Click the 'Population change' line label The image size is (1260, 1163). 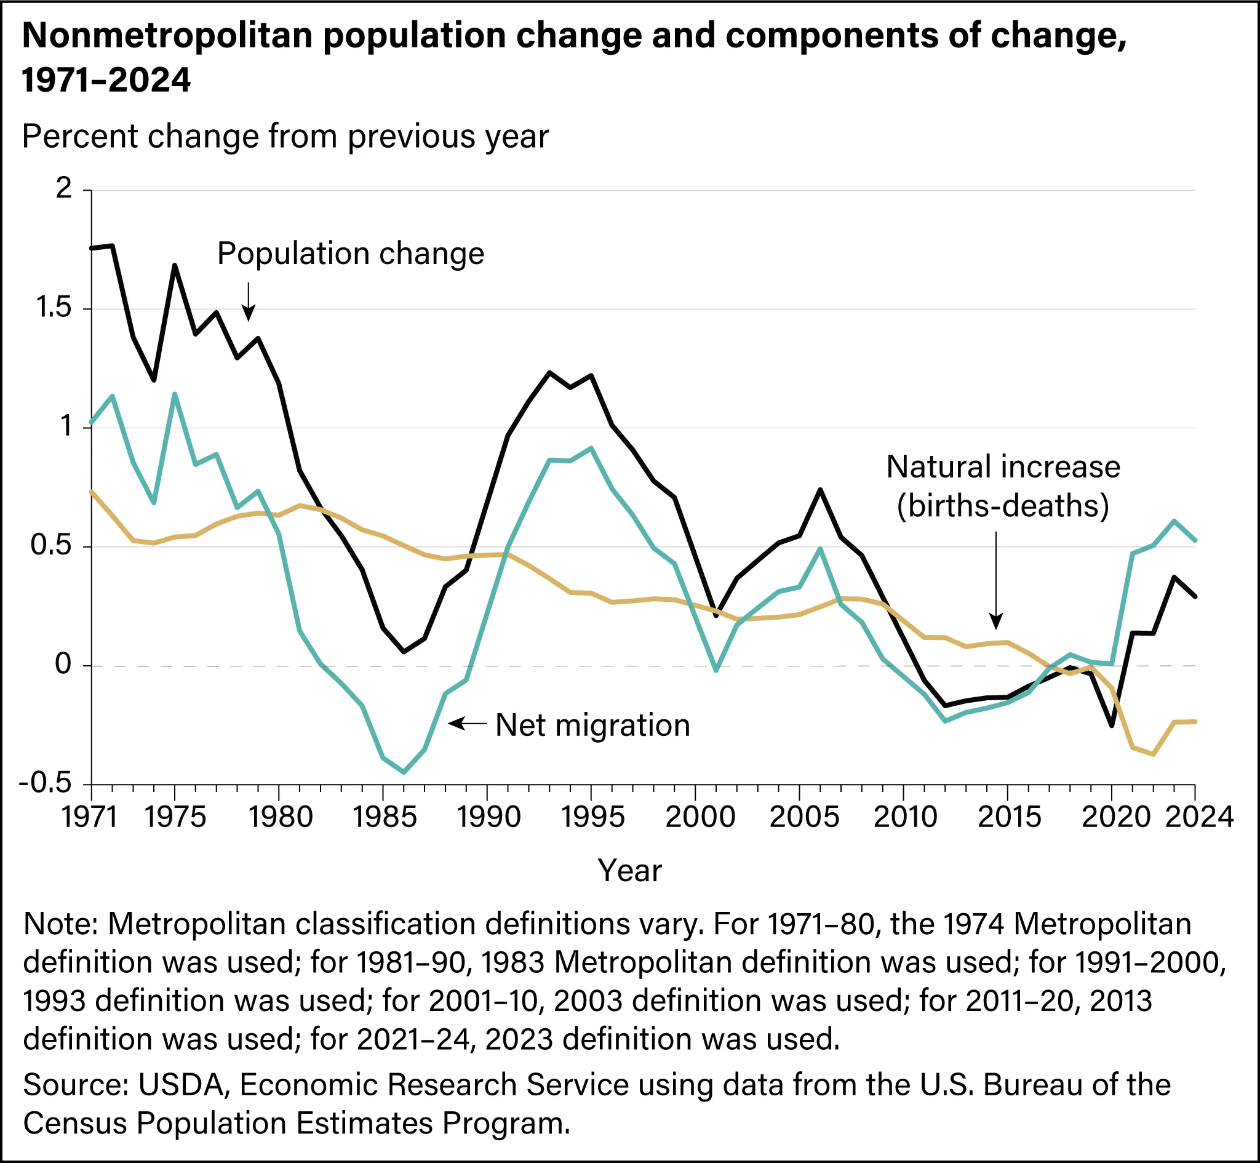(351, 255)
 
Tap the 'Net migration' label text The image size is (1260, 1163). (592, 725)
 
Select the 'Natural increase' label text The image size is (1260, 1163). (1003, 467)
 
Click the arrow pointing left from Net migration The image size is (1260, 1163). (467, 724)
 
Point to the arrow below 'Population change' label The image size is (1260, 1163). (249, 302)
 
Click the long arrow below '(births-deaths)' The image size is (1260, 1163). (995, 580)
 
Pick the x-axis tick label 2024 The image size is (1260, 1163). (1199, 817)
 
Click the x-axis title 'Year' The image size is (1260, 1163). (629, 871)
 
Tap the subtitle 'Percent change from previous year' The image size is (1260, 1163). (285, 137)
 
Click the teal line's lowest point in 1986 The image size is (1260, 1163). (403, 772)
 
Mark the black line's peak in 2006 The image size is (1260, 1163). (819, 490)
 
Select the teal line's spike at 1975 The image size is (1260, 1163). (174, 394)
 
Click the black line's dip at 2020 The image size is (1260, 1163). (1111, 725)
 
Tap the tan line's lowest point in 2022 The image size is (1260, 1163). (1152, 754)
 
